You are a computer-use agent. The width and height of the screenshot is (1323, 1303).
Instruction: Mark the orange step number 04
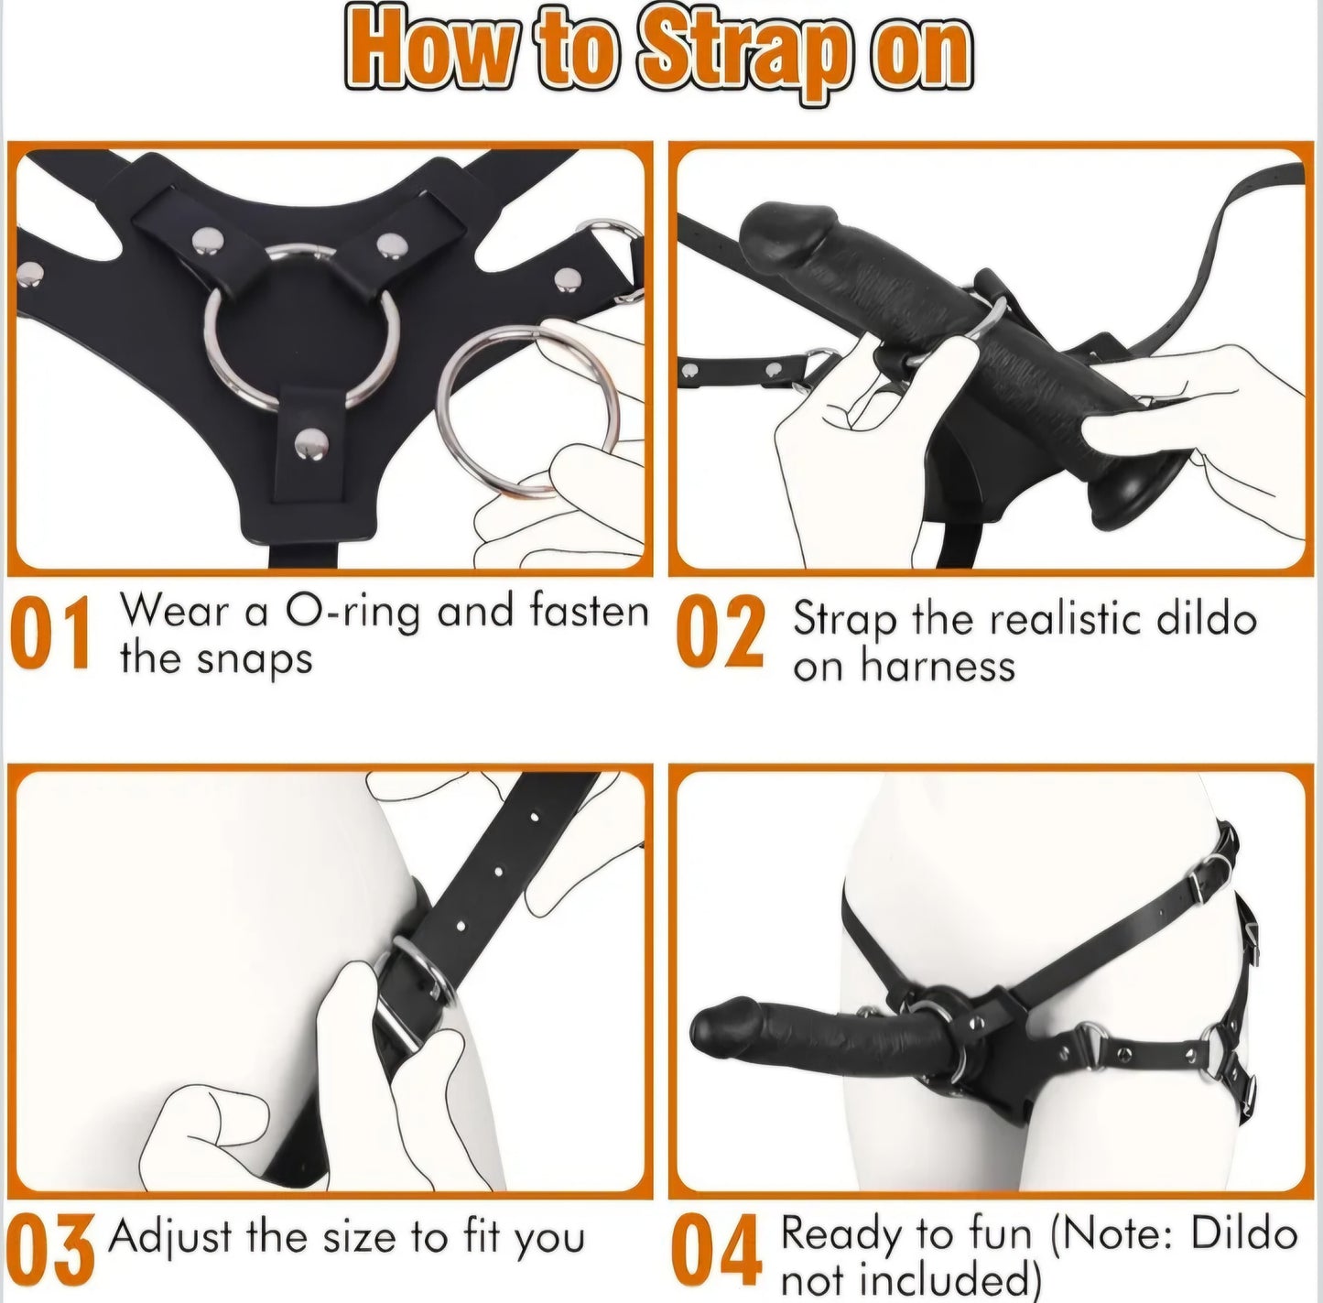[719, 1251]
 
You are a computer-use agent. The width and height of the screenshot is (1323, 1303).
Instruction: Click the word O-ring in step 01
[352, 612]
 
